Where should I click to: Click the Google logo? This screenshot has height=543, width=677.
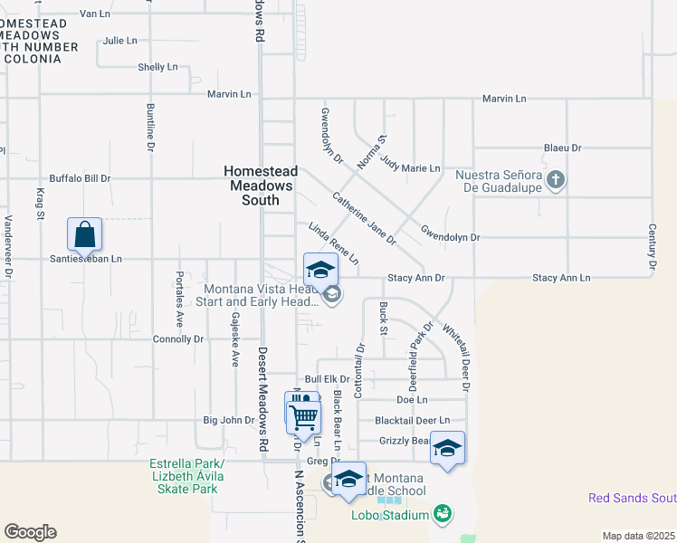tap(30, 532)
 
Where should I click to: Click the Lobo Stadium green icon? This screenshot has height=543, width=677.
tap(443, 515)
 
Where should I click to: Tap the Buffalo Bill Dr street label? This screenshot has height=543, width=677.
tap(80, 178)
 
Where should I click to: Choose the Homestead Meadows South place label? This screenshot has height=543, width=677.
tap(259, 186)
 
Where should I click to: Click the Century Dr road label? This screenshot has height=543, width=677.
tap(652, 249)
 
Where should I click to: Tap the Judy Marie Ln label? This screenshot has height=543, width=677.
tap(410, 168)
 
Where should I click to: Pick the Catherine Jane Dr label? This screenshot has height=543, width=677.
tap(364, 218)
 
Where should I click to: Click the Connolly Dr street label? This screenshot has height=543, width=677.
tap(178, 339)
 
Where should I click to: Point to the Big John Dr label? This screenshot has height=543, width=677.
tap(229, 420)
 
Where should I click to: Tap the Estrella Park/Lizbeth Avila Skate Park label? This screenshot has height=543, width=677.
tap(186, 477)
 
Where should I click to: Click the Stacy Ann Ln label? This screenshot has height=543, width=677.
tap(561, 278)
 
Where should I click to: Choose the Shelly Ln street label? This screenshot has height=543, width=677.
tap(157, 67)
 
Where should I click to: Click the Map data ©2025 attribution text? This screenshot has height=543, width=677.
tap(638, 536)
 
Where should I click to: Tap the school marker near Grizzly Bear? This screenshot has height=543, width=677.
tap(447, 448)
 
